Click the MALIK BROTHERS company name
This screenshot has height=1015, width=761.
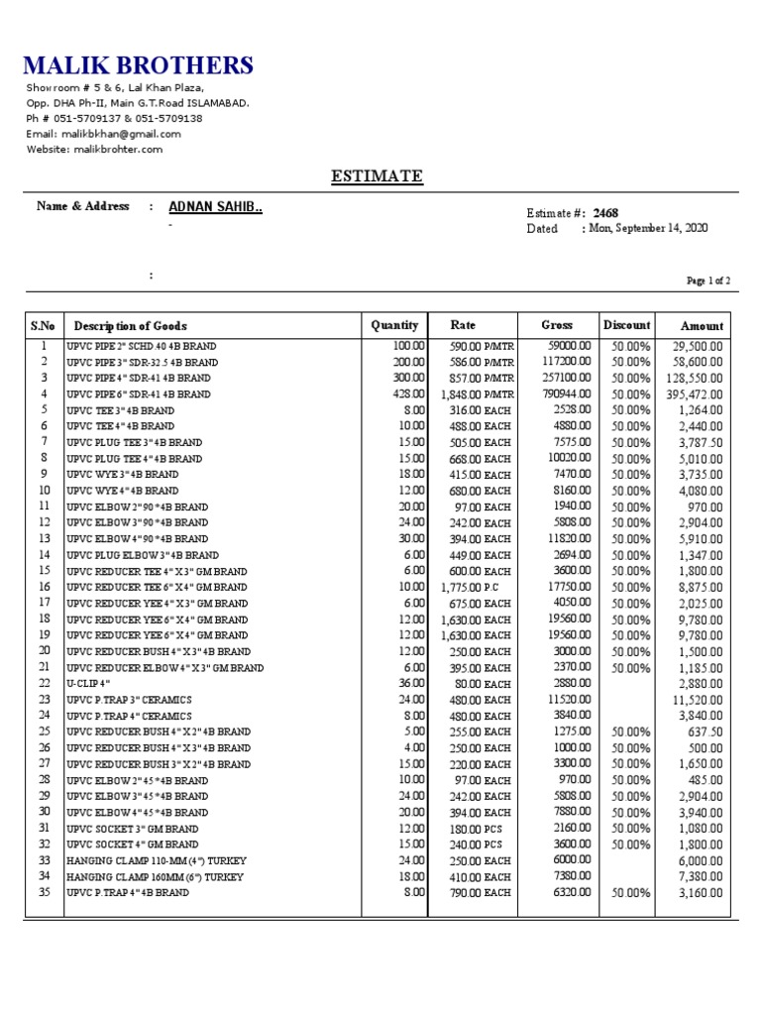point(139,66)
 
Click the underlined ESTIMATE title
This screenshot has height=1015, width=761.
point(377,176)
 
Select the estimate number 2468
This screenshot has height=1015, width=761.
point(605,213)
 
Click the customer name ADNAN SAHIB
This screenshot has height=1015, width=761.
point(215,207)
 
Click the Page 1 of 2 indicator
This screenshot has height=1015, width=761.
point(708,282)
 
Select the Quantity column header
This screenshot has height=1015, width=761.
point(394,325)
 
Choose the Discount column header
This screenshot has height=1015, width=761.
point(626,325)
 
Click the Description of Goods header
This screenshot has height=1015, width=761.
point(130,326)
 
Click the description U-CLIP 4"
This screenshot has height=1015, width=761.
point(88,684)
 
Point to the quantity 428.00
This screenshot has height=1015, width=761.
point(408,394)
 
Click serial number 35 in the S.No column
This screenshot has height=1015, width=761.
point(44,892)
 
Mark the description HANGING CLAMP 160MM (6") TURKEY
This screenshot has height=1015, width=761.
point(156,877)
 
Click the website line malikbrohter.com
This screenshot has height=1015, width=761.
point(94,150)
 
